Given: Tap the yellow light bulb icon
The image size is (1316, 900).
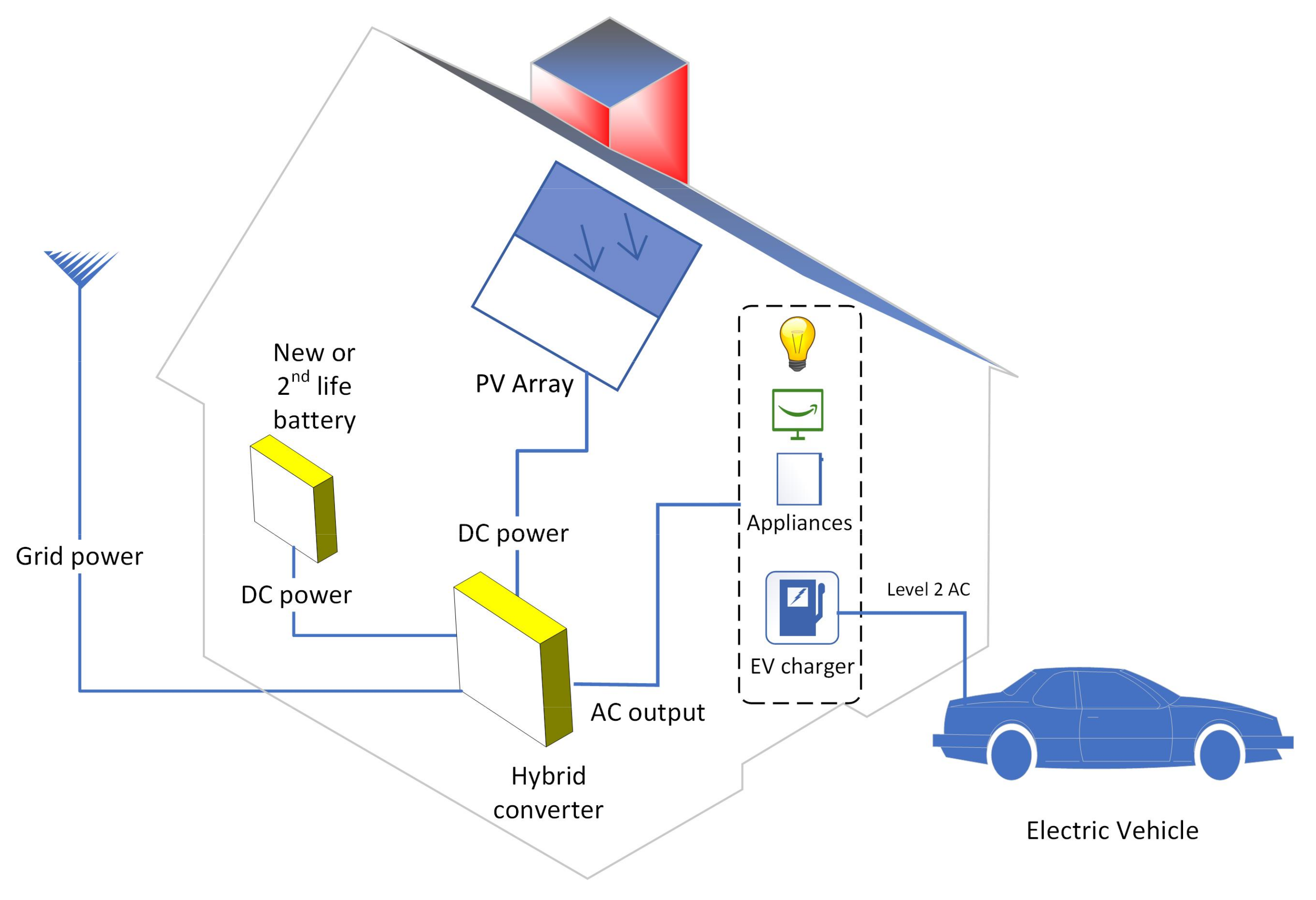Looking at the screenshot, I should tap(797, 343).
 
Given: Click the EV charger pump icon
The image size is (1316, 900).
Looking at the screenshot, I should tap(802, 607).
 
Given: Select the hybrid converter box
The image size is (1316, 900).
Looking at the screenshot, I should tap(512, 660).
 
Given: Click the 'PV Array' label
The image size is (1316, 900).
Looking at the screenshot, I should tap(524, 384).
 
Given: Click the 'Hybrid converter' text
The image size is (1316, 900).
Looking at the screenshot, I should tap(548, 792).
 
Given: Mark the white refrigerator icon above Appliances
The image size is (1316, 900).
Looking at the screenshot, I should tap(799, 479).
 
